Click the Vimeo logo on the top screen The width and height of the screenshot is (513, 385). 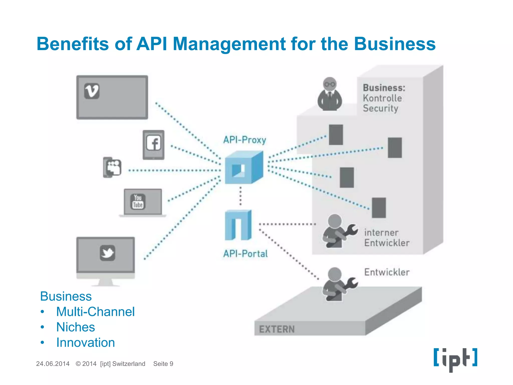coord(92,91)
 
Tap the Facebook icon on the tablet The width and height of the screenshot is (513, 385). coord(154,143)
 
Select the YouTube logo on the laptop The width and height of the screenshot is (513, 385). coord(138,202)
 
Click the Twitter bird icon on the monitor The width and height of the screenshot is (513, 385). coord(107,253)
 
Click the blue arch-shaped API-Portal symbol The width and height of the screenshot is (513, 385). coord(238,225)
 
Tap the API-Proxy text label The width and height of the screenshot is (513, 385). coord(244,140)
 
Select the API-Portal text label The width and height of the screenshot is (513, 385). coord(245,254)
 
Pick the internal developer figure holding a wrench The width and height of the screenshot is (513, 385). coord(338,231)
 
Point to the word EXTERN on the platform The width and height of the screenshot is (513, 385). coord(277,329)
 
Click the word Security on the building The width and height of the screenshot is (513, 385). coord(380,108)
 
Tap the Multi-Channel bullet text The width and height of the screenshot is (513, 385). coord(95,312)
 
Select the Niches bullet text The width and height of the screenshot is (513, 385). coord(76,327)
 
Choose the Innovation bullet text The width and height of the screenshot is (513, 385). coord(85,343)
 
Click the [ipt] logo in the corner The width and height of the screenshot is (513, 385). coord(455,359)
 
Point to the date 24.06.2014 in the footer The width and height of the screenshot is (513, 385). coord(53,364)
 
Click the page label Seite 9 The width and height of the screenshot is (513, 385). coord(163,364)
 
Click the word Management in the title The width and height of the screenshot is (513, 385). coord(229,44)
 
